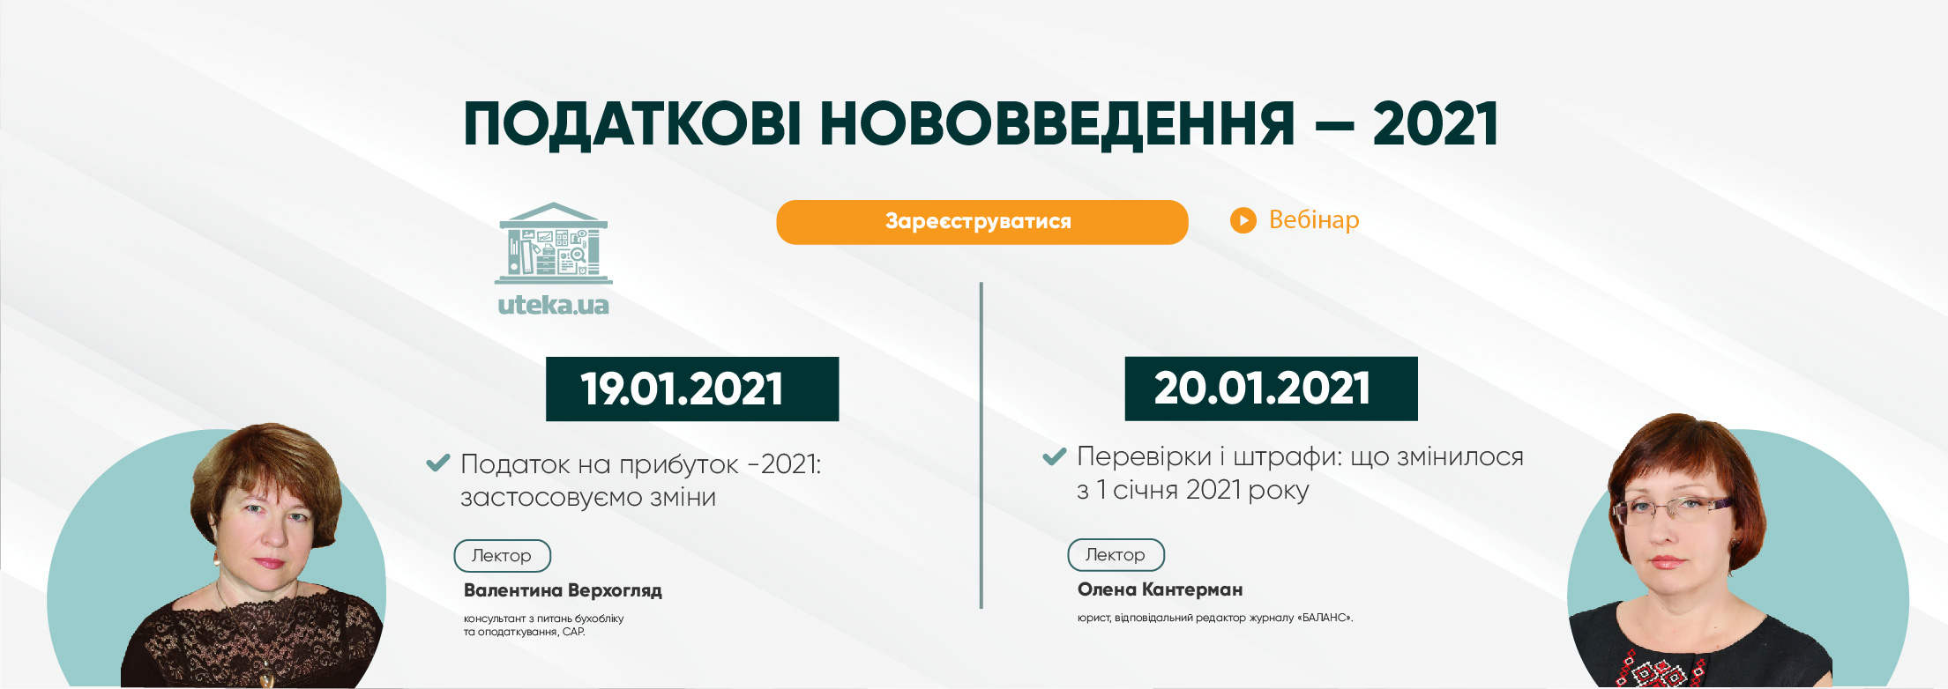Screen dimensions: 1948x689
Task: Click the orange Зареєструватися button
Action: pos(981,221)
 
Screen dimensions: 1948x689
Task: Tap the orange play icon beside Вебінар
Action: pos(1243,220)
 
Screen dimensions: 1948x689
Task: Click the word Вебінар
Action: pos(1314,219)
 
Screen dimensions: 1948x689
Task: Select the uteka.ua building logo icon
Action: pos(554,243)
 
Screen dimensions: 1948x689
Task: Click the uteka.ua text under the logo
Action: pos(553,305)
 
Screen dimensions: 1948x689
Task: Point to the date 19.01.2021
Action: pos(682,389)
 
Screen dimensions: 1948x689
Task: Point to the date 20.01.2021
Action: pos(1262,388)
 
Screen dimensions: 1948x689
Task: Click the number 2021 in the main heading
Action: pos(1436,123)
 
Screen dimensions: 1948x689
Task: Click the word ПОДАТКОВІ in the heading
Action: pos(632,124)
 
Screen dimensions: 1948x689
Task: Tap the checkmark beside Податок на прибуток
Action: pos(438,463)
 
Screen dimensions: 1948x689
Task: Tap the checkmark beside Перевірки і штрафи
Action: pos(1055,456)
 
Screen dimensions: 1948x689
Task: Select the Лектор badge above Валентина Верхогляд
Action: pos(503,556)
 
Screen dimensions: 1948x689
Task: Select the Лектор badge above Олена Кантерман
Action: pos(1116,555)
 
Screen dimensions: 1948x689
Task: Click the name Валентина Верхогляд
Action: pos(563,590)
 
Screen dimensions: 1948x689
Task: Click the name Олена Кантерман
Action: pos(1160,589)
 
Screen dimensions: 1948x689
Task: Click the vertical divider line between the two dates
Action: pos(981,445)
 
